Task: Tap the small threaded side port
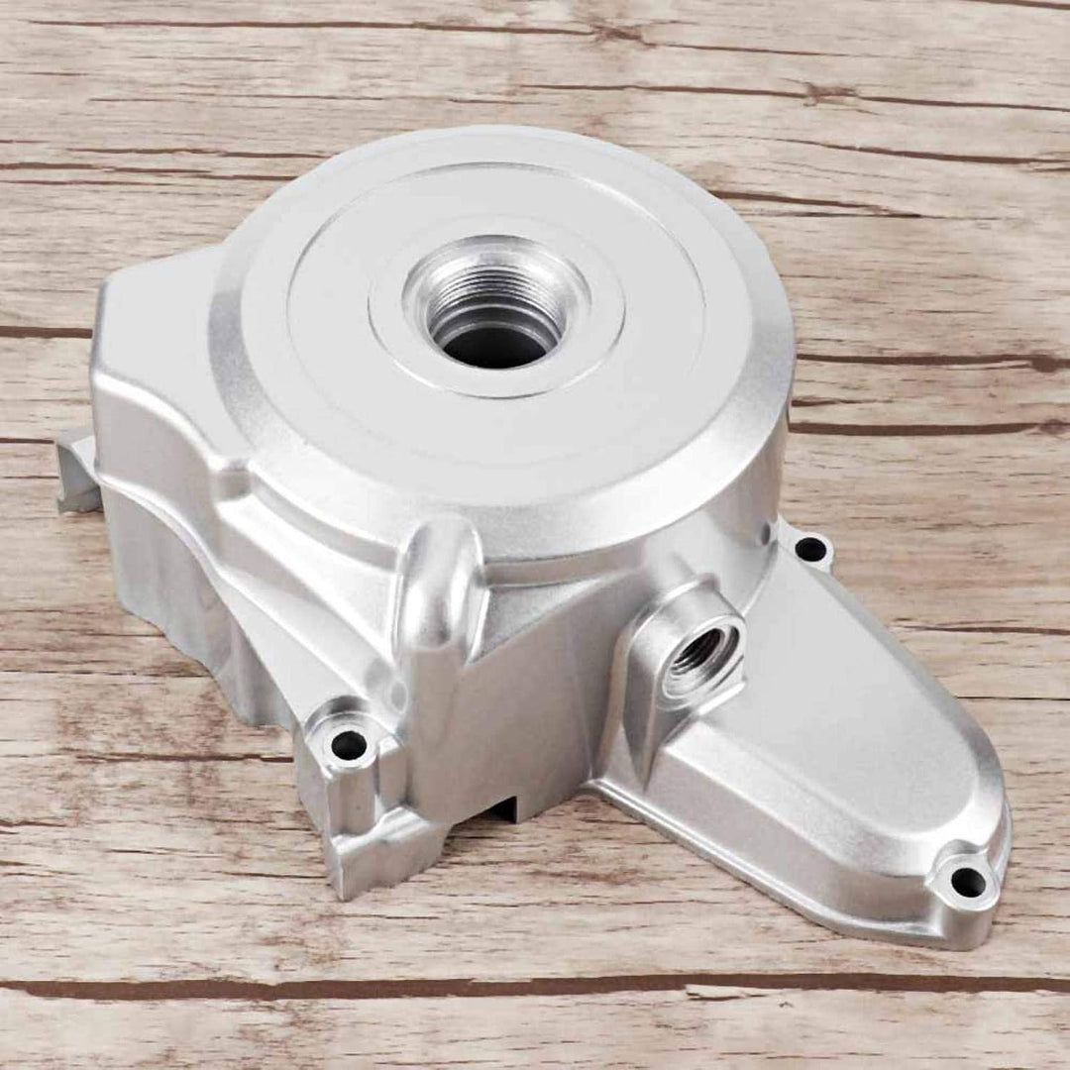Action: (700, 651)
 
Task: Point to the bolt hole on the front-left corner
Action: (348, 745)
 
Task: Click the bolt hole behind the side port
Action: (811, 548)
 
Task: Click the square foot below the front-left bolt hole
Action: (372, 852)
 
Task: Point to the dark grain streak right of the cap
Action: (931, 360)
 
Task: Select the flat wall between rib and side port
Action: (555, 694)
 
